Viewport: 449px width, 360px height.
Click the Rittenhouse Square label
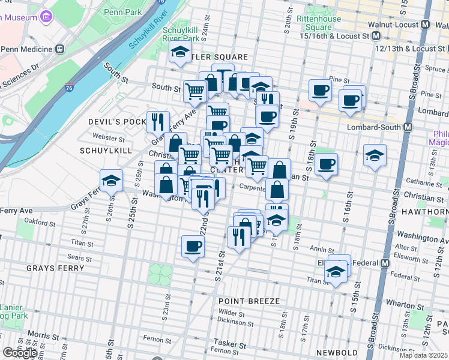tap(315, 23)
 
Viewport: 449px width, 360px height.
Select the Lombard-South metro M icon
tap(408, 127)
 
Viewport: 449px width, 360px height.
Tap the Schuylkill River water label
tap(145, 33)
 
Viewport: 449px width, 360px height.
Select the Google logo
tap(20, 353)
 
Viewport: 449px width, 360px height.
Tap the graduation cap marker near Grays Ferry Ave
tap(111, 180)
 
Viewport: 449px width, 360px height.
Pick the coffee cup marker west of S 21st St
tap(193, 246)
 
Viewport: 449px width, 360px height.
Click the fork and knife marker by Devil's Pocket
tap(158, 121)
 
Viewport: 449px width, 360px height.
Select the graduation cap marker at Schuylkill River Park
tap(179, 53)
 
